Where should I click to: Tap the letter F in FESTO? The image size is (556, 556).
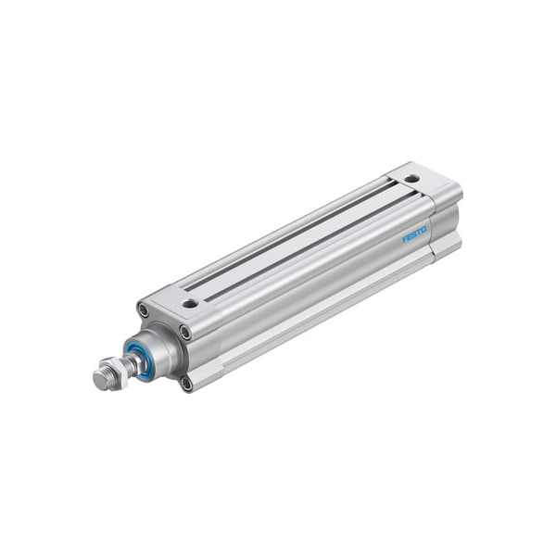pos(404,241)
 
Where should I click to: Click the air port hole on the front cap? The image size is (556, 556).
pos(190,302)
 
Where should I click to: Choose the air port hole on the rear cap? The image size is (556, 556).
pos(411,178)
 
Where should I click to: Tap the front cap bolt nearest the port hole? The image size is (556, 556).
pos(185,331)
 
